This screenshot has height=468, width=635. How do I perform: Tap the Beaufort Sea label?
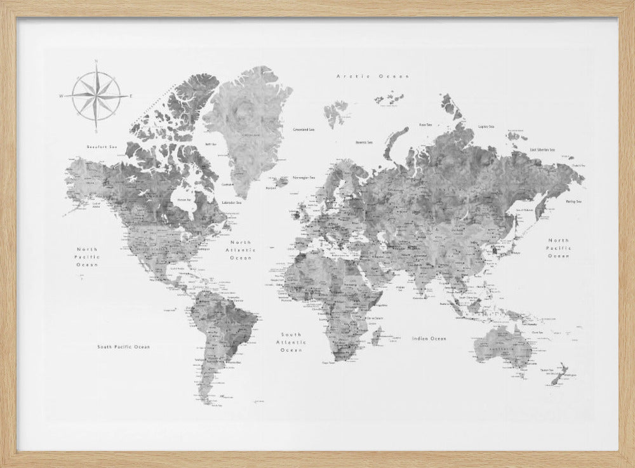tap(103, 147)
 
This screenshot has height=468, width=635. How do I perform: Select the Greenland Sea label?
tap(304, 130)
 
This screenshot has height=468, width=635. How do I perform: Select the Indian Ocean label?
tap(429, 338)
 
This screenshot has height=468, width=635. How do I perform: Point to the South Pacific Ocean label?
tap(124, 347)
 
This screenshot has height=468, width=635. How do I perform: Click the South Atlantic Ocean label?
tap(292, 342)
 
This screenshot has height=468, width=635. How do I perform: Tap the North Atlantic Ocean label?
tap(241, 250)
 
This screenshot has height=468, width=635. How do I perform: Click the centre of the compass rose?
tap(95, 96)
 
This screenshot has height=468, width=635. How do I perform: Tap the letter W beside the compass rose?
tap(62, 97)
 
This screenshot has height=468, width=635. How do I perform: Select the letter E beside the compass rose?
tap(131, 96)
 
